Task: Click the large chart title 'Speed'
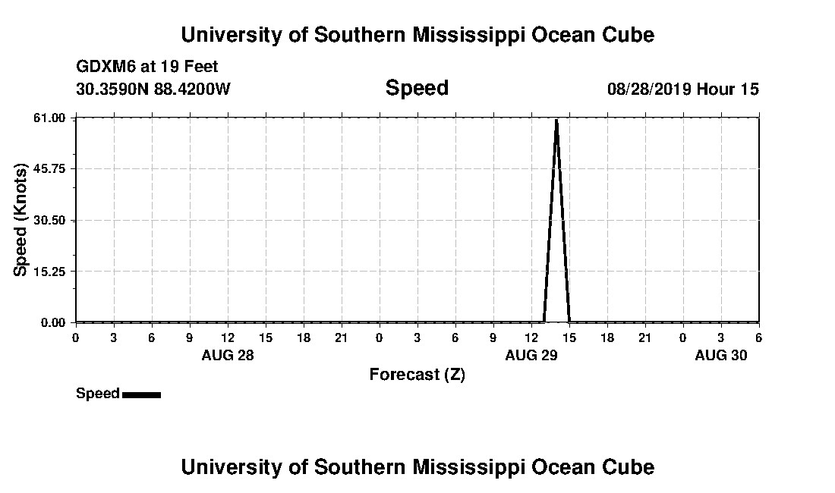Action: coord(417,88)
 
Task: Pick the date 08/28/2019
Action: coord(649,89)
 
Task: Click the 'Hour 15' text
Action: coord(727,89)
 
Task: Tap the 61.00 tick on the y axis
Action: coord(53,118)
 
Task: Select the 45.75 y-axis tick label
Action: coord(53,169)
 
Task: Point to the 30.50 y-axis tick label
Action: coord(53,220)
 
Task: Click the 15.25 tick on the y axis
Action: coord(53,272)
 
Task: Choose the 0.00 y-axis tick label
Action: coord(56,322)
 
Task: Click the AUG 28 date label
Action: coord(227,355)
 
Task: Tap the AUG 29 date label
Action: coord(531,355)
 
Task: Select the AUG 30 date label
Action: coord(720,355)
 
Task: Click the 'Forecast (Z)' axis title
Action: coord(417,375)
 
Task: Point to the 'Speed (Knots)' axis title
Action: coord(21,220)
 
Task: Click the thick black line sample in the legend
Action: coord(141,394)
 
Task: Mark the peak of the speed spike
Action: coord(556,120)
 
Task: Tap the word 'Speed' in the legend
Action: coord(97,394)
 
